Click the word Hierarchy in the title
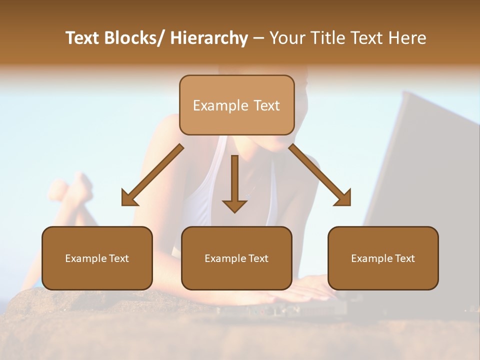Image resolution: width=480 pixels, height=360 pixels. (x=209, y=38)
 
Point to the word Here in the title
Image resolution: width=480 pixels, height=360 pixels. (x=408, y=38)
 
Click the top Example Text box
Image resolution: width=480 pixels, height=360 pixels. (x=236, y=105)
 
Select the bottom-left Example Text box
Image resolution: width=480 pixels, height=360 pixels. (x=97, y=258)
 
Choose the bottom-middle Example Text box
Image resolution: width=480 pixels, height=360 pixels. (x=236, y=258)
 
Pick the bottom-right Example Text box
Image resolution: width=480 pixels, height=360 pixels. (x=383, y=258)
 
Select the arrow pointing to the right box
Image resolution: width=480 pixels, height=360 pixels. (x=320, y=175)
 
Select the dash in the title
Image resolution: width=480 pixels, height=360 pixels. (x=258, y=38)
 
